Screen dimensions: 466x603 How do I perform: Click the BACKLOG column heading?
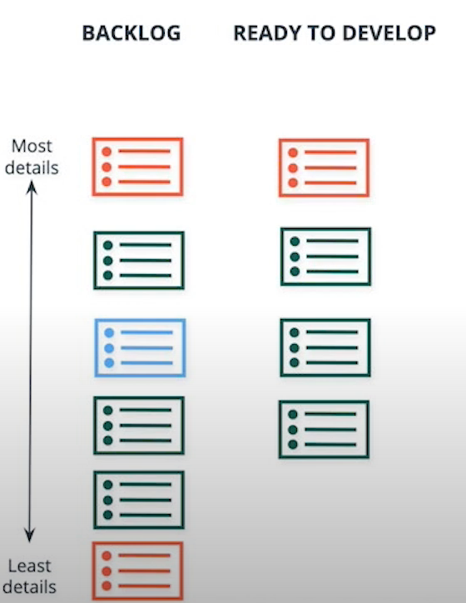point(131,33)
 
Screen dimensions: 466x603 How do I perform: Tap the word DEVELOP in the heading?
point(389,33)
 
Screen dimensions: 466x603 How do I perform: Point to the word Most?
point(32,146)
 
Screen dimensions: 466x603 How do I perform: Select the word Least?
point(30,566)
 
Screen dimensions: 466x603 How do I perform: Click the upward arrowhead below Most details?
point(32,187)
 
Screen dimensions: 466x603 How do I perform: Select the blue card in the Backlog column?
point(141,347)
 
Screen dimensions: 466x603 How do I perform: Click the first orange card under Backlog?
point(137,167)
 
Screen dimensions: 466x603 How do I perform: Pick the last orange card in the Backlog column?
point(137,571)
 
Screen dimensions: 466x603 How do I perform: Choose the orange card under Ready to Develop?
point(325,167)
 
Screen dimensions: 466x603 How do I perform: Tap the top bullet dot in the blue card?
point(109,332)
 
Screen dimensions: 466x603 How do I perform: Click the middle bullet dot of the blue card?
point(109,348)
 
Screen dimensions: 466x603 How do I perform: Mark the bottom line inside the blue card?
point(146,362)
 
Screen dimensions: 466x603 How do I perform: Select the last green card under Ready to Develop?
point(325,430)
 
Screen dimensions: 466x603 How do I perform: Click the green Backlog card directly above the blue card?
point(139,260)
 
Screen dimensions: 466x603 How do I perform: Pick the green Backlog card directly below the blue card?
point(139,426)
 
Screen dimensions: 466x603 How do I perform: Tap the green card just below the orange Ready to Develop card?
point(325,257)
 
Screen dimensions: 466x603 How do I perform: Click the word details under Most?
point(32,168)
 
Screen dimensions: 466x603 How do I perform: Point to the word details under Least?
point(30,587)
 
